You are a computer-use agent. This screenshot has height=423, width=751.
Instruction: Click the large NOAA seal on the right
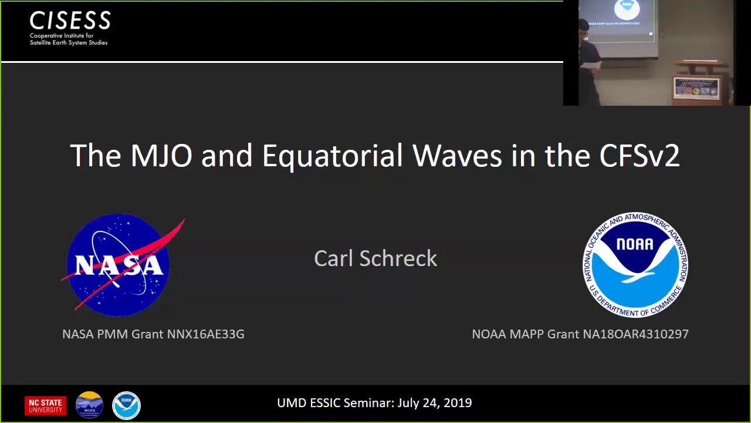[x=635, y=265]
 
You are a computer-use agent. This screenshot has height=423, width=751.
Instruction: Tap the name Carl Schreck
[x=375, y=258]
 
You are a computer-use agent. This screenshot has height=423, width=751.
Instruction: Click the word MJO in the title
[x=161, y=156]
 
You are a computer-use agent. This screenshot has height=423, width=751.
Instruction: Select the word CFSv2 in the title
[x=639, y=156]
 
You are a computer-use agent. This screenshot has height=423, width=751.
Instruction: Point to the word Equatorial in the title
[x=332, y=156]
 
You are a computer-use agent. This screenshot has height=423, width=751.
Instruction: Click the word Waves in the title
[x=456, y=156]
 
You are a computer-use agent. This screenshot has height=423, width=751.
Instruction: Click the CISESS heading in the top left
[x=70, y=21]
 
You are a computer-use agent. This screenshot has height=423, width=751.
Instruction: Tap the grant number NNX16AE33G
[x=205, y=334]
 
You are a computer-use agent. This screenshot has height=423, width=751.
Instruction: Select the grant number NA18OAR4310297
[x=635, y=334]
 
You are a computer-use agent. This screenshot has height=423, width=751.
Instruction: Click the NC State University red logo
[x=45, y=405]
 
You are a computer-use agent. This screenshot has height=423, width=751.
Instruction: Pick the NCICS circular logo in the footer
[x=89, y=405]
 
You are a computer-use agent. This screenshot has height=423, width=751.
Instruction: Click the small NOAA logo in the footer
[x=126, y=405]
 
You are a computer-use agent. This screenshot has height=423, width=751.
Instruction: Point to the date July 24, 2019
[x=434, y=403]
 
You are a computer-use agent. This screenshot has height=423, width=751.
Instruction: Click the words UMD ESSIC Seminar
[x=335, y=403]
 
